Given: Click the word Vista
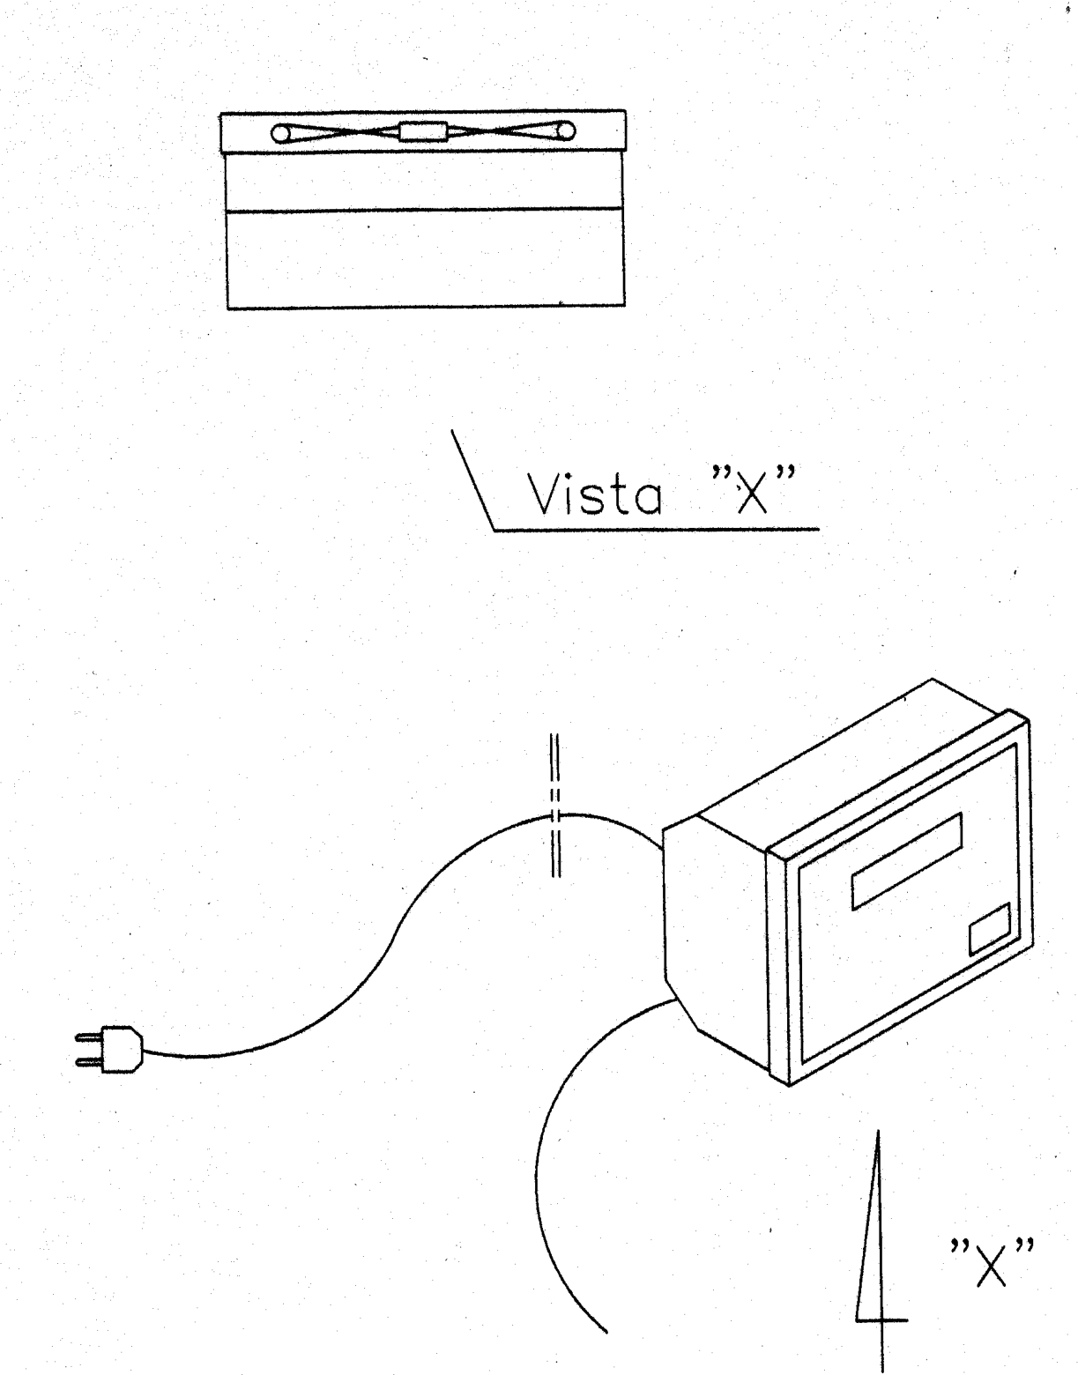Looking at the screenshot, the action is point(595,494).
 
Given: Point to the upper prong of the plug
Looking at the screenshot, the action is point(88,1037).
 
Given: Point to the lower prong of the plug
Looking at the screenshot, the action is point(88,1062).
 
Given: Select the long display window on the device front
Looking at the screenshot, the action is point(907,861).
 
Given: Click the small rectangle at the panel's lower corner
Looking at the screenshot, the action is point(990,929).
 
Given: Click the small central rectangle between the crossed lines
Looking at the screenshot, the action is point(423,131).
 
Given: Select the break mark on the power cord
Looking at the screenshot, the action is point(554,805).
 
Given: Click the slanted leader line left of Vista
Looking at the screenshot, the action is point(472,480).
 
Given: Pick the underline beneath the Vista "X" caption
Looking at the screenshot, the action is point(657,530).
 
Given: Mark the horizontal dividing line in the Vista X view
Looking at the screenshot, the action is point(425,210).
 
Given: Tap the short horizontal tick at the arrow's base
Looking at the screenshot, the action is point(882,1320).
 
